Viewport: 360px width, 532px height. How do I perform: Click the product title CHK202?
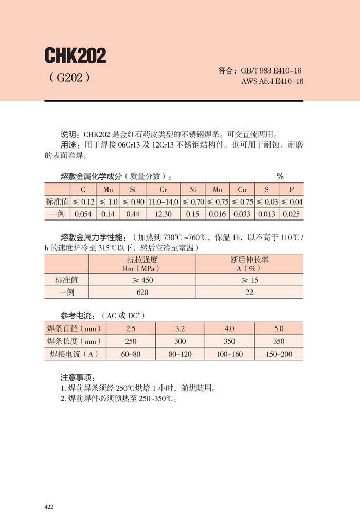click(x=75, y=56)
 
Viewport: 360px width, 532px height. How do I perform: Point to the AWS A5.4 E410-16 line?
click(x=272, y=82)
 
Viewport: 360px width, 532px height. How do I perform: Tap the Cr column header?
click(x=163, y=189)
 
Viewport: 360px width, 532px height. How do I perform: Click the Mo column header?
click(x=218, y=189)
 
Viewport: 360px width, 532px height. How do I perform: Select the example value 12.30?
click(x=163, y=214)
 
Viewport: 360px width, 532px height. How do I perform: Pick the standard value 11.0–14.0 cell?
click(x=163, y=201)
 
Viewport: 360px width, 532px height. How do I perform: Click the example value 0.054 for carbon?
click(x=83, y=214)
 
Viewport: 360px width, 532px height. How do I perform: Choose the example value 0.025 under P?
click(x=291, y=214)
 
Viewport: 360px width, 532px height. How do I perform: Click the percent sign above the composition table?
click(x=280, y=176)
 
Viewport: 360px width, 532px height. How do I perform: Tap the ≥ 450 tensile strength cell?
click(x=142, y=280)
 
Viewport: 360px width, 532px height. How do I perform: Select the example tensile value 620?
click(x=142, y=292)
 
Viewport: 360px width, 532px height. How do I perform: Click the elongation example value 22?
click(x=249, y=292)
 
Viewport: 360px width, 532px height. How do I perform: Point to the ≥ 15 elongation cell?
click(x=249, y=280)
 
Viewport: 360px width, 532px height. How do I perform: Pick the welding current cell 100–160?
click(x=229, y=354)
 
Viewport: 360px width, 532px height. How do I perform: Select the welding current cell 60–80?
click(x=131, y=354)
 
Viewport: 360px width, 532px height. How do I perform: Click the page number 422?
click(x=49, y=507)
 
